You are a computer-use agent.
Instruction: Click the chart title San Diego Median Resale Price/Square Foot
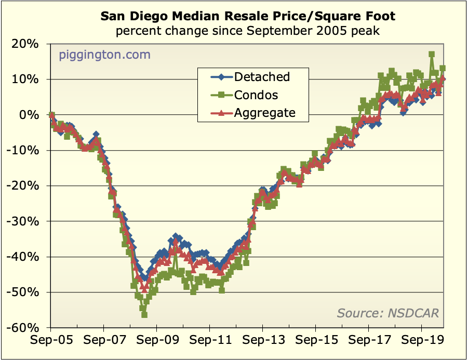tap(247, 16)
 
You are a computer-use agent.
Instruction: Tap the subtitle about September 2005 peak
tap(247, 31)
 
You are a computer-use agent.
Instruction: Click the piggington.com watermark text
tap(104, 55)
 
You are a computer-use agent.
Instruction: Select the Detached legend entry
tap(261, 77)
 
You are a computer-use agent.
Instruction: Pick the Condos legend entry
tap(256, 95)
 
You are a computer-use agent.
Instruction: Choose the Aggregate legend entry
tap(264, 112)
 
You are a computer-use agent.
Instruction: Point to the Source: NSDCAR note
tap(388, 313)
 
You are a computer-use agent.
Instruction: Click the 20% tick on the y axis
tap(24, 44)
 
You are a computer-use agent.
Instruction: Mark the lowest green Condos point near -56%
tap(144, 315)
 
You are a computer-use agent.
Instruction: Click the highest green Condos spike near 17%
tap(432, 54)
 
